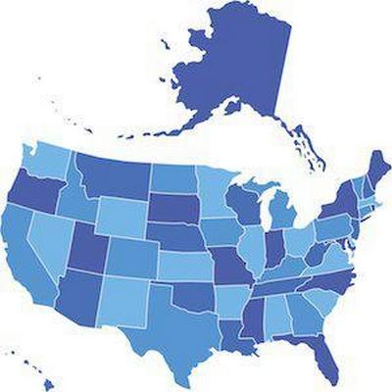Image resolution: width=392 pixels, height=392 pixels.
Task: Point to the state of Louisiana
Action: pos(236,333)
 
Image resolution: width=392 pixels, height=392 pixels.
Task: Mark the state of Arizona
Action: pos(78,299)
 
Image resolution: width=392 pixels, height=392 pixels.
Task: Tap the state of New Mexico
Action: pos(122,299)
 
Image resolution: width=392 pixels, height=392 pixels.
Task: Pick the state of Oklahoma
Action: pos(186,289)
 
